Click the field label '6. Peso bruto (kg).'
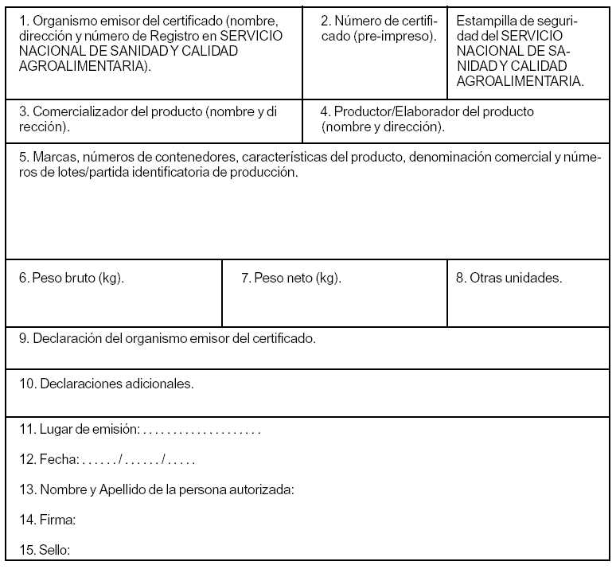point(72,279)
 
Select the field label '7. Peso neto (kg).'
point(290,279)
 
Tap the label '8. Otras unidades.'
point(509,279)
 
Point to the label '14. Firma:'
point(47,520)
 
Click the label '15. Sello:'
point(45,550)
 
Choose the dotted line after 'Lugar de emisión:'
point(202,431)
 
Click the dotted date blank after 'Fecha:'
point(138,460)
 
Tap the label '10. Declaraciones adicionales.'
point(107,384)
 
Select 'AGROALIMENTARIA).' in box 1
point(85,66)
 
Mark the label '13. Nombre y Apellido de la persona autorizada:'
point(157,489)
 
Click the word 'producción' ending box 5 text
point(267,172)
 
